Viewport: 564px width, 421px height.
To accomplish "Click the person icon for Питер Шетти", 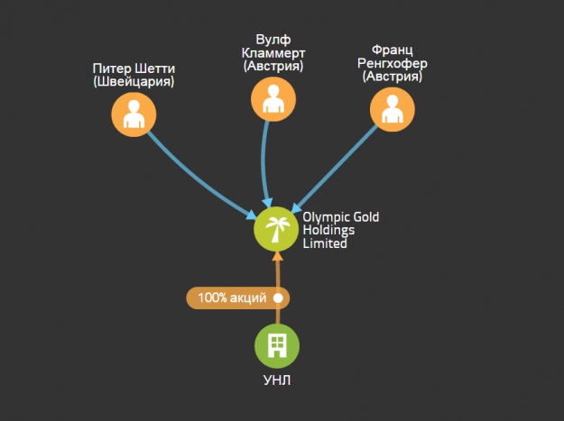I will (x=134, y=114).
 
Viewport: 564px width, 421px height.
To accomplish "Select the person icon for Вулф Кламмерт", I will (x=273, y=98).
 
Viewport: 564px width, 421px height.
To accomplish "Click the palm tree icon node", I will (x=276, y=228).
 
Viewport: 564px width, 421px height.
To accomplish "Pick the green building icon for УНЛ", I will (x=276, y=344).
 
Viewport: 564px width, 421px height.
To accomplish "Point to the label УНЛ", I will (x=276, y=380).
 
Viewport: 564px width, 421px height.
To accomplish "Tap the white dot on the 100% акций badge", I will (x=278, y=297).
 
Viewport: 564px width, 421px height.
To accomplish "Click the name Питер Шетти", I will (x=134, y=69).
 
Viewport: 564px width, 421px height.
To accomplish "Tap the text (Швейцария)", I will (x=134, y=82).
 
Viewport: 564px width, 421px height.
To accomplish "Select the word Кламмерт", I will (x=273, y=52).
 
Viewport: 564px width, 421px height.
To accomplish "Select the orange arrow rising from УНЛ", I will (x=277, y=270).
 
